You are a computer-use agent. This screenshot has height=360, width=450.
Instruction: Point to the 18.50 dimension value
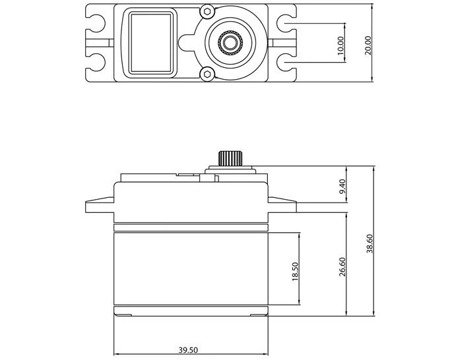(295, 271)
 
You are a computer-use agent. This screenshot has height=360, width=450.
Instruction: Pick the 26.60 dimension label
(341, 267)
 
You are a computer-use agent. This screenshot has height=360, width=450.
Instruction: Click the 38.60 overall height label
(369, 243)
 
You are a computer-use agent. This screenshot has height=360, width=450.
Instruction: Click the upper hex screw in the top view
(208, 13)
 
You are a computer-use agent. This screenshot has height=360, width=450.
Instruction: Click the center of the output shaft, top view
(231, 44)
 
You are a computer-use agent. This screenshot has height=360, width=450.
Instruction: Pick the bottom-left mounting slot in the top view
(98, 64)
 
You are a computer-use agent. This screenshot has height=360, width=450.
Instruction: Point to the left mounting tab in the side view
(99, 205)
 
